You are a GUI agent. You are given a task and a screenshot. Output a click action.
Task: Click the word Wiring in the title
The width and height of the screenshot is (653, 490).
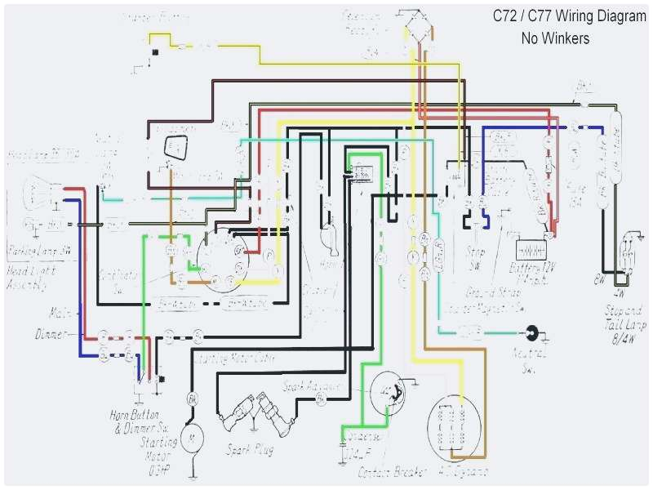(x=566, y=16)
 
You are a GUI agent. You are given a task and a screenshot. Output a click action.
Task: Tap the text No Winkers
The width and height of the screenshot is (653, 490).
(x=557, y=38)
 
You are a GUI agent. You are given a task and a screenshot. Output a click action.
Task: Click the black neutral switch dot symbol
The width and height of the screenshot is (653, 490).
(x=533, y=332)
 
